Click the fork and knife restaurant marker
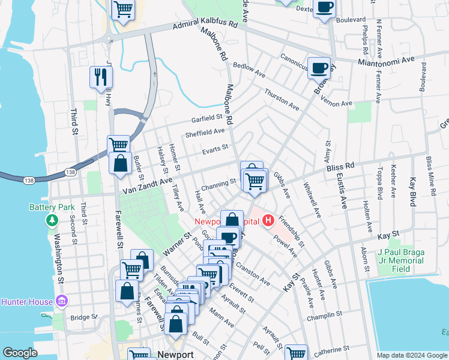click(100, 77)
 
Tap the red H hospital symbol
click(268, 221)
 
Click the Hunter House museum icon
click(61, 301)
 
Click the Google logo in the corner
click(20, 353)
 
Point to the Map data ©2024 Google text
click(411, 355)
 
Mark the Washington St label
click(60, 260)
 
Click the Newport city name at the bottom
click(175, 355)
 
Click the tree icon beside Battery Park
click(52, 221)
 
